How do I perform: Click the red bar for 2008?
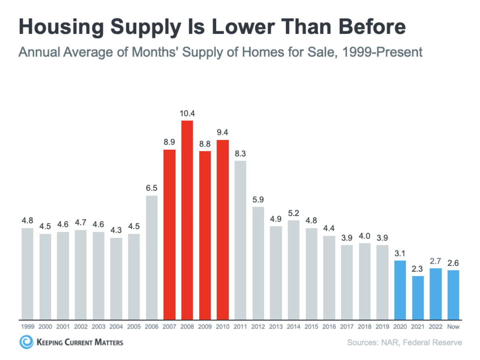187,220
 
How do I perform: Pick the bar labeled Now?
453,295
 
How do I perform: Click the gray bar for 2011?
240,240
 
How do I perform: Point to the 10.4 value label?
187,113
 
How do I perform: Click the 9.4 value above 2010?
223,133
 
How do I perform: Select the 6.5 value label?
152,188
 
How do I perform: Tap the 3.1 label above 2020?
400,253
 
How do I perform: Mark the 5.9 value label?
258,200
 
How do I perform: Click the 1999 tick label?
27,327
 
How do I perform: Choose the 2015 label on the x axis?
311,327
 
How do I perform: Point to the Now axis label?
453,327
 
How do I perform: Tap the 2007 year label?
169,327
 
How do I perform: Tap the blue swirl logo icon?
26,342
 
